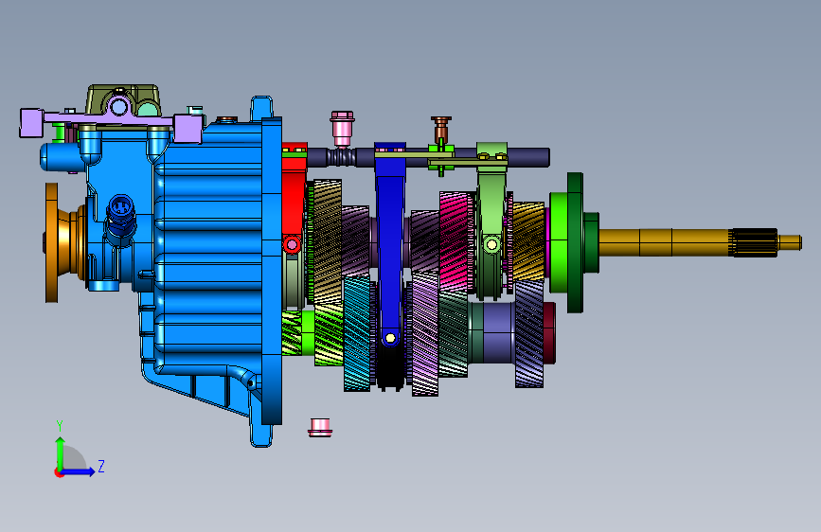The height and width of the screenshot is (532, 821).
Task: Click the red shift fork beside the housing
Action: coord(294,199)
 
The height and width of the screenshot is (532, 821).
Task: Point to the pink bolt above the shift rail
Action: coord(342,128)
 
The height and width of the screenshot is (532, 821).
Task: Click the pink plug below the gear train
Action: coord(320,427)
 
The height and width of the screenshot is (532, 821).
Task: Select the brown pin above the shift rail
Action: coord(441,129)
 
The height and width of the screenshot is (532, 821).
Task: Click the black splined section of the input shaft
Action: coord(754,242)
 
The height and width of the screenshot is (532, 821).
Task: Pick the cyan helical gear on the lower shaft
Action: coord(357,333)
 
